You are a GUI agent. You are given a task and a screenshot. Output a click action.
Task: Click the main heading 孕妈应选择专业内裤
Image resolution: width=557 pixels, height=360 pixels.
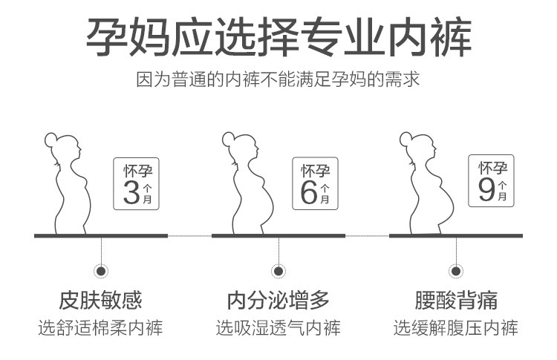click(278, 38)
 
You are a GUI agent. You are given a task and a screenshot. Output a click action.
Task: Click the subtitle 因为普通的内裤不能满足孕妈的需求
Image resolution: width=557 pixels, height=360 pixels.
click(278, 79)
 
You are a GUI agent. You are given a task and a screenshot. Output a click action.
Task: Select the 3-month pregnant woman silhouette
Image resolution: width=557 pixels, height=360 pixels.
click(71, 186)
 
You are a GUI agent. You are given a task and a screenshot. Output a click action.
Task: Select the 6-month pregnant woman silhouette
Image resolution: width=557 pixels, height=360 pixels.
click(249, 186)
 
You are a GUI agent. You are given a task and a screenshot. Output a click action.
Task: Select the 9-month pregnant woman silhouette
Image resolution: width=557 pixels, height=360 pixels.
click(426, 186)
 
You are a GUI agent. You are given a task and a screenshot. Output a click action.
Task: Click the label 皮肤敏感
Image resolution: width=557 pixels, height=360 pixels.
click(100, 301)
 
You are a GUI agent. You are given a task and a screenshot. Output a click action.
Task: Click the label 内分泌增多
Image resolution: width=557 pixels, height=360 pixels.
click(278, 301)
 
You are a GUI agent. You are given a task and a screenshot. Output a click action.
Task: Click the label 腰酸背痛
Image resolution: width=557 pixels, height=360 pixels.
click(456, 301)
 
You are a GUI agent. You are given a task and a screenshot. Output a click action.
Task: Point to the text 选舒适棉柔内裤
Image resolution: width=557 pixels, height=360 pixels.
click(100, 327)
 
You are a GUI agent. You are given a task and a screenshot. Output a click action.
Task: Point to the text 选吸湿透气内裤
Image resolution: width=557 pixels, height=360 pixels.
click(278, 327)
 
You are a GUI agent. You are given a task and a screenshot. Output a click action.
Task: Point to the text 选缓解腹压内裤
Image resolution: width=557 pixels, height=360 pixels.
click(456, 327)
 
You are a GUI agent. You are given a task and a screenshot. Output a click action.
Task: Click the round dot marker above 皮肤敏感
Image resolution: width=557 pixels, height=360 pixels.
click(100, 271)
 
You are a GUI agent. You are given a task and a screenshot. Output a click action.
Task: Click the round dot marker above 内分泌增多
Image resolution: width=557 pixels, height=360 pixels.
click(278, 271)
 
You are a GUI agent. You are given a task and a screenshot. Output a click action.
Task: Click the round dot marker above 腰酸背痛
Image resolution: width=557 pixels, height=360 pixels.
click(456, 271)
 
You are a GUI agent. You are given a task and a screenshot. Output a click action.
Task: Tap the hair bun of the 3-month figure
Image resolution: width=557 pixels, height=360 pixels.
click(51, 138)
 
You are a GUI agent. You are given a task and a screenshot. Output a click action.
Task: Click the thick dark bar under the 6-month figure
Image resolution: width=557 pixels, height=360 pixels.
click(278, 235)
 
